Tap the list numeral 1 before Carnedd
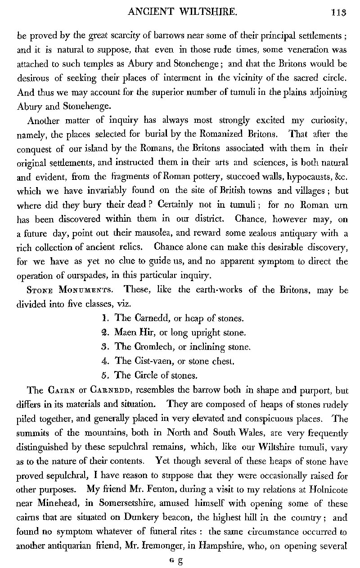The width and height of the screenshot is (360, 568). (x=105, y=318)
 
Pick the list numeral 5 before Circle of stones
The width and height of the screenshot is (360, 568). (x=105, y=375)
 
